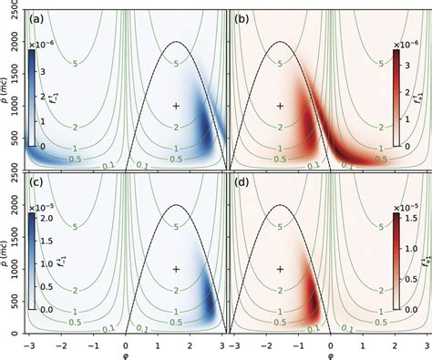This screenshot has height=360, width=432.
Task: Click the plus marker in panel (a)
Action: (x=176, y=106)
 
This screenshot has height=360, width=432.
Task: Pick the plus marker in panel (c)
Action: (x=176, y=269)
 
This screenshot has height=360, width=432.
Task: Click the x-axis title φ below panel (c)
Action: (x=126, y=355)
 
